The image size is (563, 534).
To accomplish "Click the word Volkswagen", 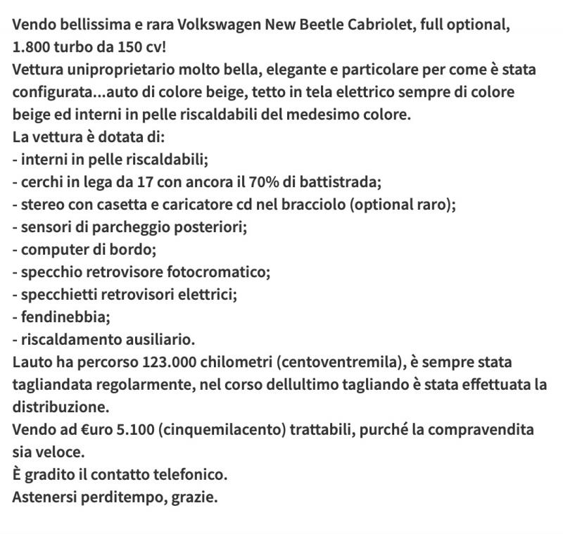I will click(219, 26).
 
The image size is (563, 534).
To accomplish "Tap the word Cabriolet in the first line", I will click(384, 26).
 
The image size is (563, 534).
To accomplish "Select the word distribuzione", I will click(61, 407).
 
